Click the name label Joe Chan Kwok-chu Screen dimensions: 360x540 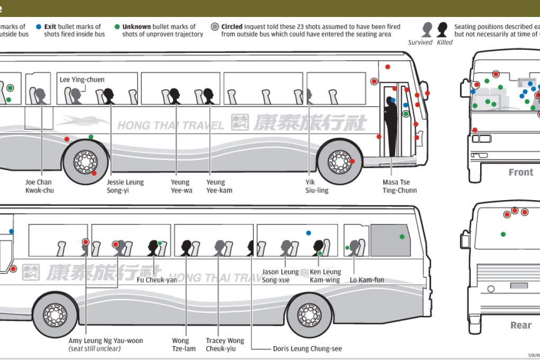pyautogui.click(x=39, y=186)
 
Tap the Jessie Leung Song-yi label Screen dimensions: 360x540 pyautogui.click(x=125, y=186)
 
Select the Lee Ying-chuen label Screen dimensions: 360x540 pyautogui.click(x=82, y=80)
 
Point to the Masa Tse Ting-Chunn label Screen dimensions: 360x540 pyautogui.click(x=399, y=186)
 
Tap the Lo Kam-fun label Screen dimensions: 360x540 pyautogui.click(x=366, y=280)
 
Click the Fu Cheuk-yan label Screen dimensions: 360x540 pyautogui.click(x=157, y=280)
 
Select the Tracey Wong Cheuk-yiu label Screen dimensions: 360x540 pyautogui.click(x=225, y=345)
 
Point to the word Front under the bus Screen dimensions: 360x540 pyautogui.click(x=520, y=172)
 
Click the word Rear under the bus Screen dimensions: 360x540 pyautogui.click(x=520, y=325)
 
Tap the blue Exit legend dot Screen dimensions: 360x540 pyautogui.click(x=39, y=26)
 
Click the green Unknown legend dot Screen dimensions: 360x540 pyautogui.click(x=117, y=26)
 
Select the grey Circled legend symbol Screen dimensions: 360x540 pyautogui.click(x=214, y=26)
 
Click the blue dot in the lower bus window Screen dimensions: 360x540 pyautogui.click(x=308, y=233)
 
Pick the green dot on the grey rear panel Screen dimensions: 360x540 pyautogui.click(x=402, y=237)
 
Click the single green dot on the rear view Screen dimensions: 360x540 pyautogui.click(x=503, y=234)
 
